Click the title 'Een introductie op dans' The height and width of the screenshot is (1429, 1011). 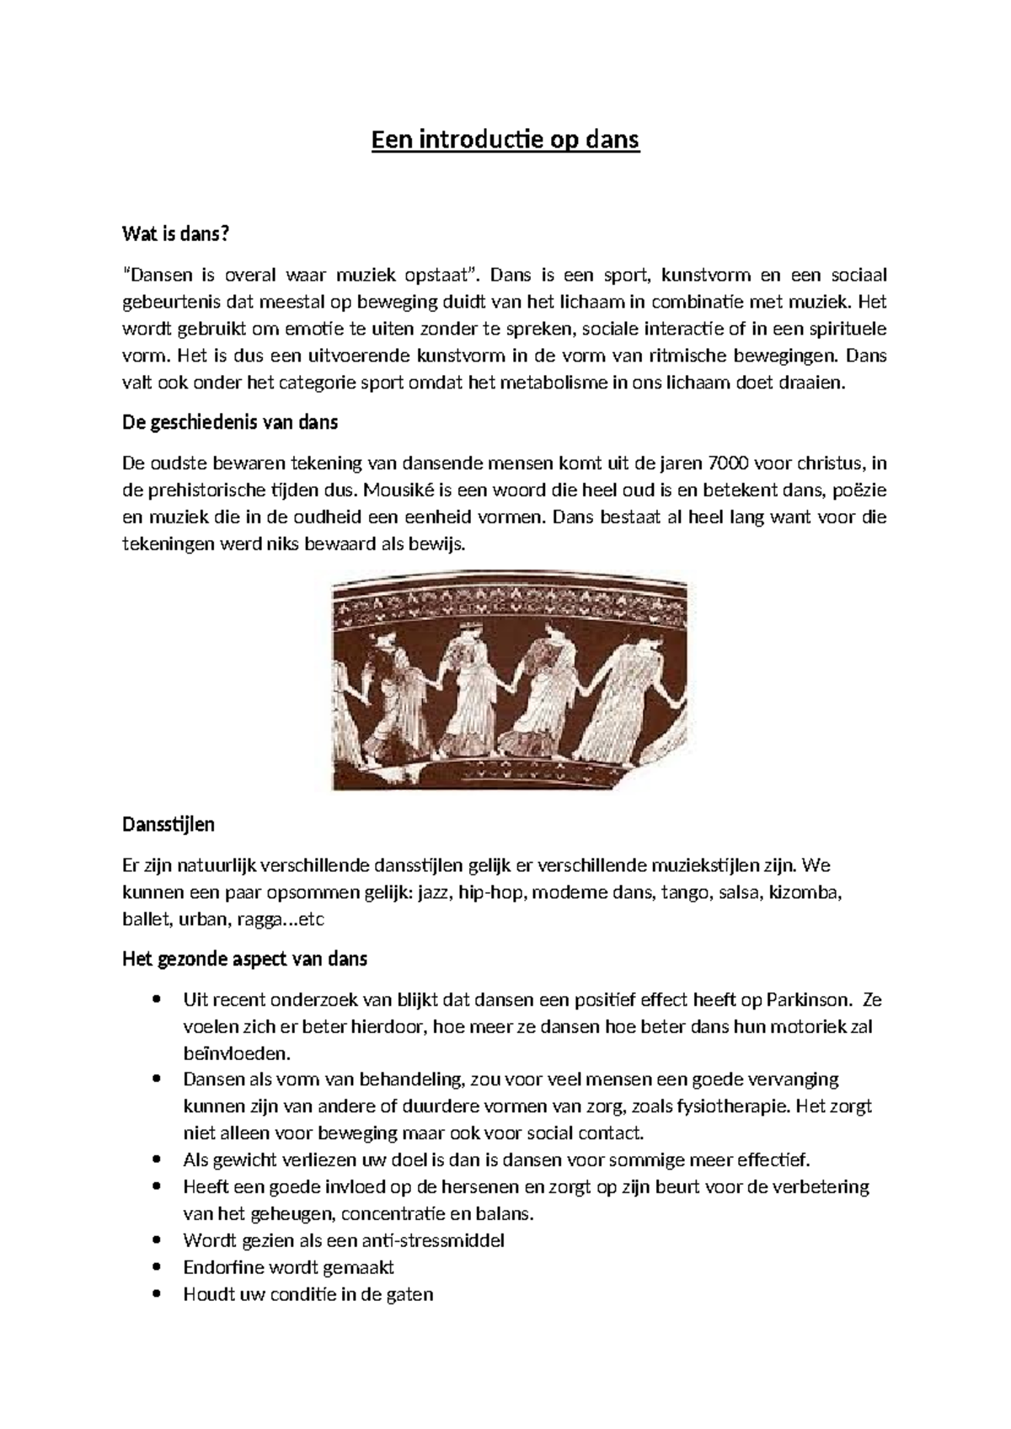point(505,139)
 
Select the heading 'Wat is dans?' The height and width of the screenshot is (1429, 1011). point(175,234)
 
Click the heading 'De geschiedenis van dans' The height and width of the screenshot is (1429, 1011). point(230,422)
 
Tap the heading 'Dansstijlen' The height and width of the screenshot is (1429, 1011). point(168,824)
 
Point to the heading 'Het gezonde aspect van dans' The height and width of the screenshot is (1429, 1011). point(244,959)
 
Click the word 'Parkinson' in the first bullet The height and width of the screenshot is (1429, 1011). point(806,1000)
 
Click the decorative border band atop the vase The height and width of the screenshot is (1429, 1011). point(510,602)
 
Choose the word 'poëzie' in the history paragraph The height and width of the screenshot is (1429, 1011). point(859,490)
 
